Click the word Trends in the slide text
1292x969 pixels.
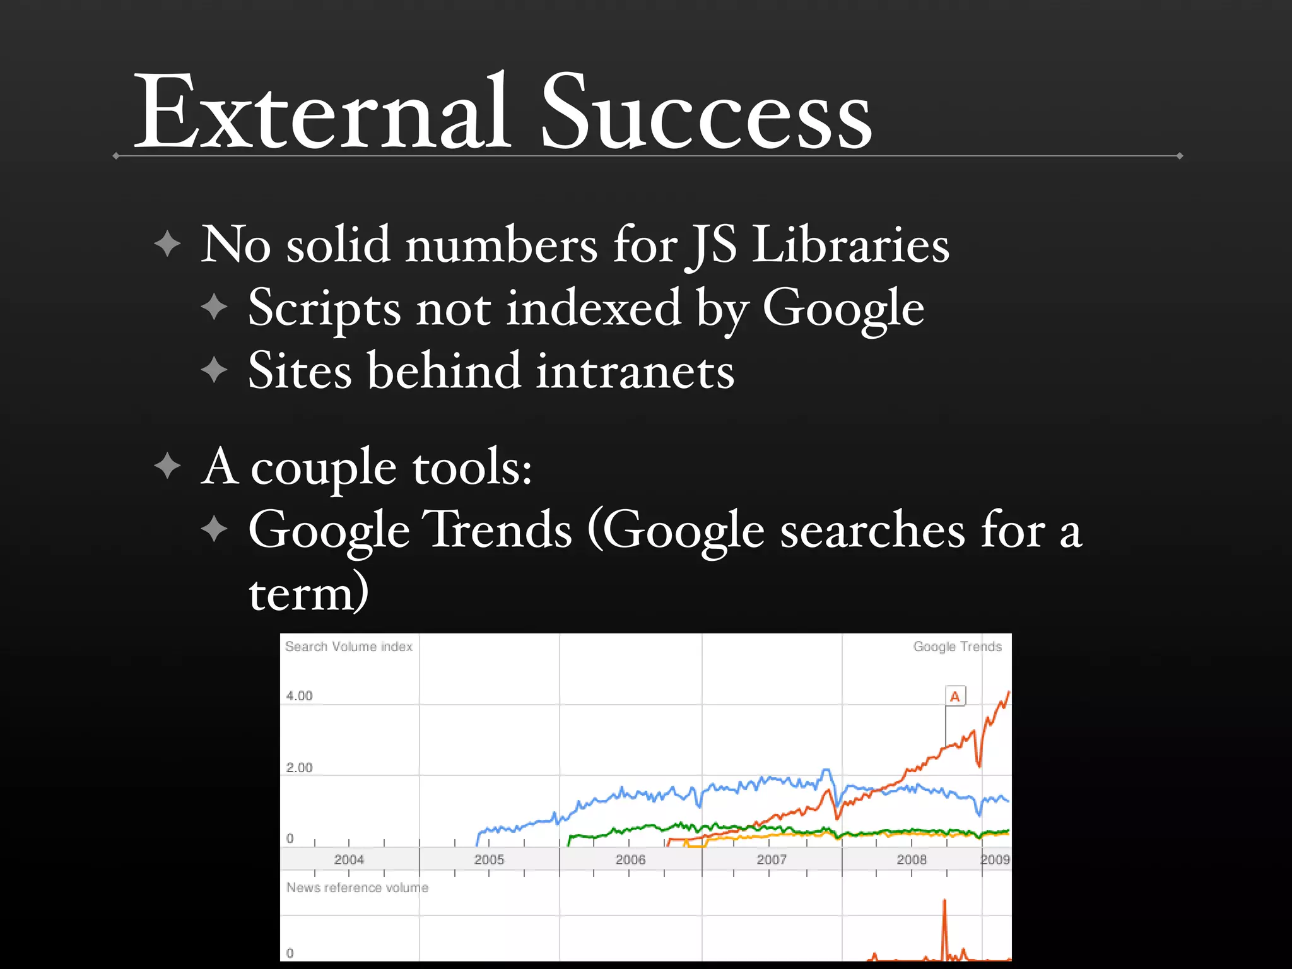497,530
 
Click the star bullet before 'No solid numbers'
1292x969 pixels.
167,244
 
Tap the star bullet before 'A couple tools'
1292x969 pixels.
167,466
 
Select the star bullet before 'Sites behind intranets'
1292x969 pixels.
214,370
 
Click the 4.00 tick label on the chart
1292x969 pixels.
299,696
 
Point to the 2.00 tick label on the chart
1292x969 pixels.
299,768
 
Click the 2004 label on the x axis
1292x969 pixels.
349,859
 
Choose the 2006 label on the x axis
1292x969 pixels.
630,859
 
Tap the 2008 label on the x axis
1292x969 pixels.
912,859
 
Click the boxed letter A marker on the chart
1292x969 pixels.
955,696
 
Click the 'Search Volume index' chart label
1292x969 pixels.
349,647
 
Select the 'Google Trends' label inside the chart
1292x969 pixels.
957,647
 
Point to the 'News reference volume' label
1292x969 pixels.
357,888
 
